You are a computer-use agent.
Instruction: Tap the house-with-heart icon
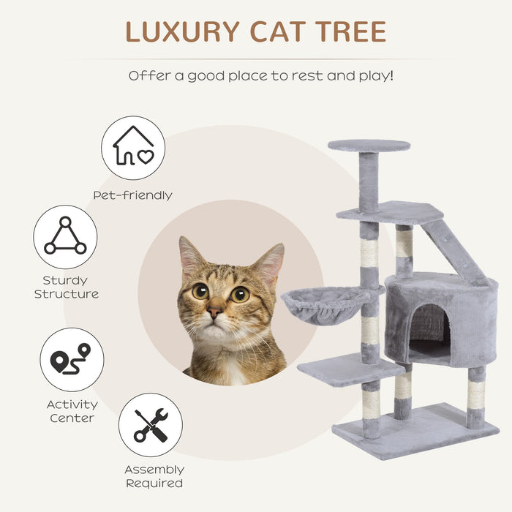click(132, 148)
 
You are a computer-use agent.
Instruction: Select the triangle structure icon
click(65, 236)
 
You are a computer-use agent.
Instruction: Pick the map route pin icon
click(71, 359)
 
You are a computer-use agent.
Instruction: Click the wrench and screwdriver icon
click(151, 425)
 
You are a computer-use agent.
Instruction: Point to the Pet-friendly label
click(132, 195)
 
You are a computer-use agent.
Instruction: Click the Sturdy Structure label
click(65, 287)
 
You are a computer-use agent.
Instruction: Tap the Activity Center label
click(72, 410)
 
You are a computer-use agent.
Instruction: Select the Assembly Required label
click(154, 476)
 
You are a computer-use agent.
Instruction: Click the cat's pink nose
click(214, 312)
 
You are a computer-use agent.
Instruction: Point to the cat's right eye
click(239, 294)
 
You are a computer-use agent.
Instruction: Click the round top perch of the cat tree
click(369, 146)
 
